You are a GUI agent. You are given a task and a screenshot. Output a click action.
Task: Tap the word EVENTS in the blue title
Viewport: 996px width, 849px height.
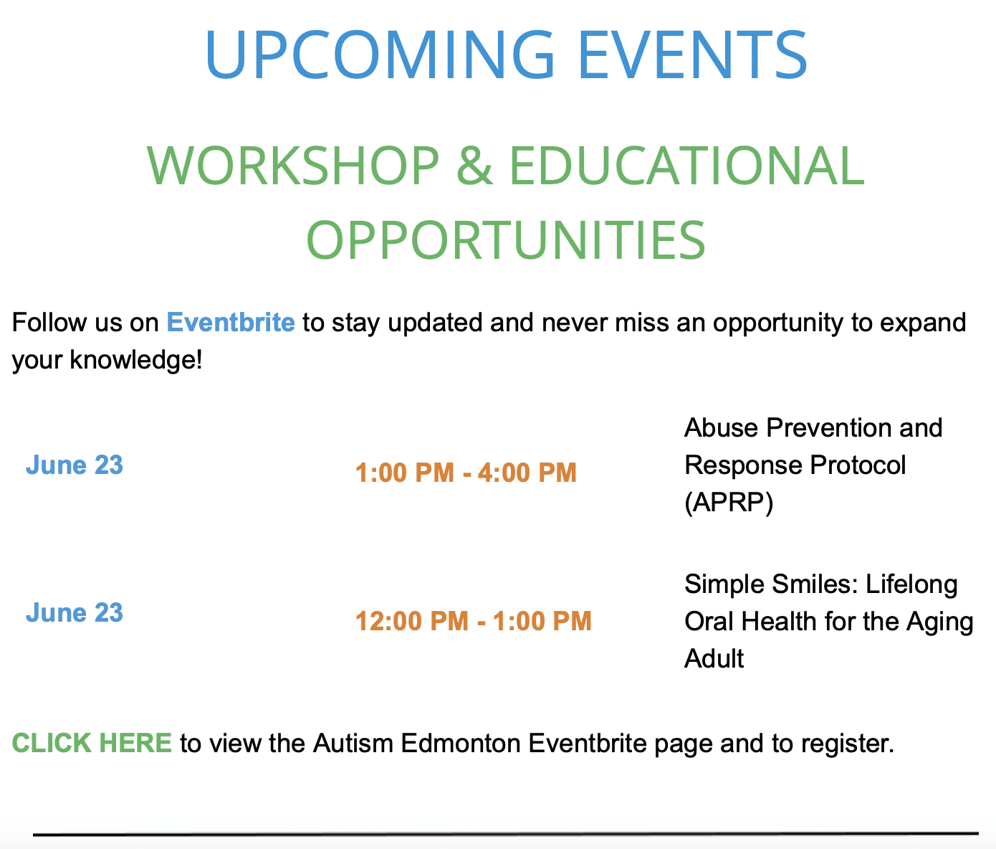(x=692, y=54)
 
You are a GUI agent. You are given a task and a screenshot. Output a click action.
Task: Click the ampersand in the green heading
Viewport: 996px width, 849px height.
(x=474, y=166)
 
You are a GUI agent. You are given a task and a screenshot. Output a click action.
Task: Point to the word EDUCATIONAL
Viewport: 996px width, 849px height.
(x=687, y=166)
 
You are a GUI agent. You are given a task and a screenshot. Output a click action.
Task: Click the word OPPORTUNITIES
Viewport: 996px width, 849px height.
(x=506, y=239)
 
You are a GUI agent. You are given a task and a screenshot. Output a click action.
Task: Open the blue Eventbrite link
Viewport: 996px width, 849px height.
(x=230, y=322)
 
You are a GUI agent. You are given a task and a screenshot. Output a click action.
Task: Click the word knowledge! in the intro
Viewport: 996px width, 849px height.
(x=136, y=360)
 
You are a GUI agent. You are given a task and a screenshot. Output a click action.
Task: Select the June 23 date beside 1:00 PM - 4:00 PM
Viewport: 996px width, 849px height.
(x=75, y=465)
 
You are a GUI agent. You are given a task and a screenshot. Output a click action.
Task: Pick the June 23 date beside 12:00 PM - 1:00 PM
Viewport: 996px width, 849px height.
(x=75, y=613)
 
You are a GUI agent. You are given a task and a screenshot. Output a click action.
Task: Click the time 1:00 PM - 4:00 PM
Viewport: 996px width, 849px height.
(x=466, y=473)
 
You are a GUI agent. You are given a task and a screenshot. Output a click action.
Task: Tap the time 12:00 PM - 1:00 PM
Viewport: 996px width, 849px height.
(x=473, y=621)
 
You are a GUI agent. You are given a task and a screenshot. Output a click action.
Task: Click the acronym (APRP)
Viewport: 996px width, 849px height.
(x=729, y=503)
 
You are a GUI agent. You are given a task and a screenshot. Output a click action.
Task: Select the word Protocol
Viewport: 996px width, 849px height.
(x=858, y=465)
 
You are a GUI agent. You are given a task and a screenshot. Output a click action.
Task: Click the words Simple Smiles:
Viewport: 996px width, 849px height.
(x=771, y=585)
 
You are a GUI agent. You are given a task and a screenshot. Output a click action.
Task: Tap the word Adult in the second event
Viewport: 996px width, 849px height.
(x=714, y=658)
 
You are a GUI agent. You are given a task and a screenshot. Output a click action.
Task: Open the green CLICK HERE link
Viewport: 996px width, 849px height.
(x=92, y=743)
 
